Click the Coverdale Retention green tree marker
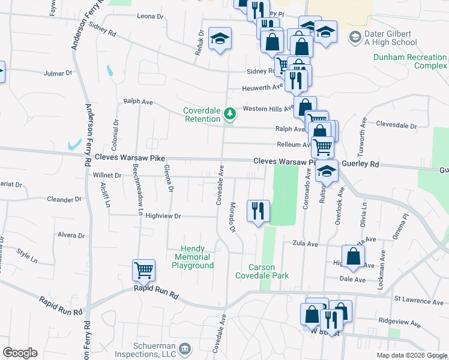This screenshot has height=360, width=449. click(x=229, y=113)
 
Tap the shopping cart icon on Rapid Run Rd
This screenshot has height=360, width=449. click(x=144, y=270)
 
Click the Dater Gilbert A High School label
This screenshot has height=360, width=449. click(x=390, y=38)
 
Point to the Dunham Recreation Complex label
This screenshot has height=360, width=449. click(x=410, y=61)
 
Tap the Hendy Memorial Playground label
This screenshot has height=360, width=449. click(x=193, y=257)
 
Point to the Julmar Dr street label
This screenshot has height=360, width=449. click(x=58, y=73)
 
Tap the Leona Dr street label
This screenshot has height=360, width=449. click(x=150, y=17)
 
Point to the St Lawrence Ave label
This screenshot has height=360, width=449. click(x=419, y=300)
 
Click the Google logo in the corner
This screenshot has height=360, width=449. click(x=20, y=353)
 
